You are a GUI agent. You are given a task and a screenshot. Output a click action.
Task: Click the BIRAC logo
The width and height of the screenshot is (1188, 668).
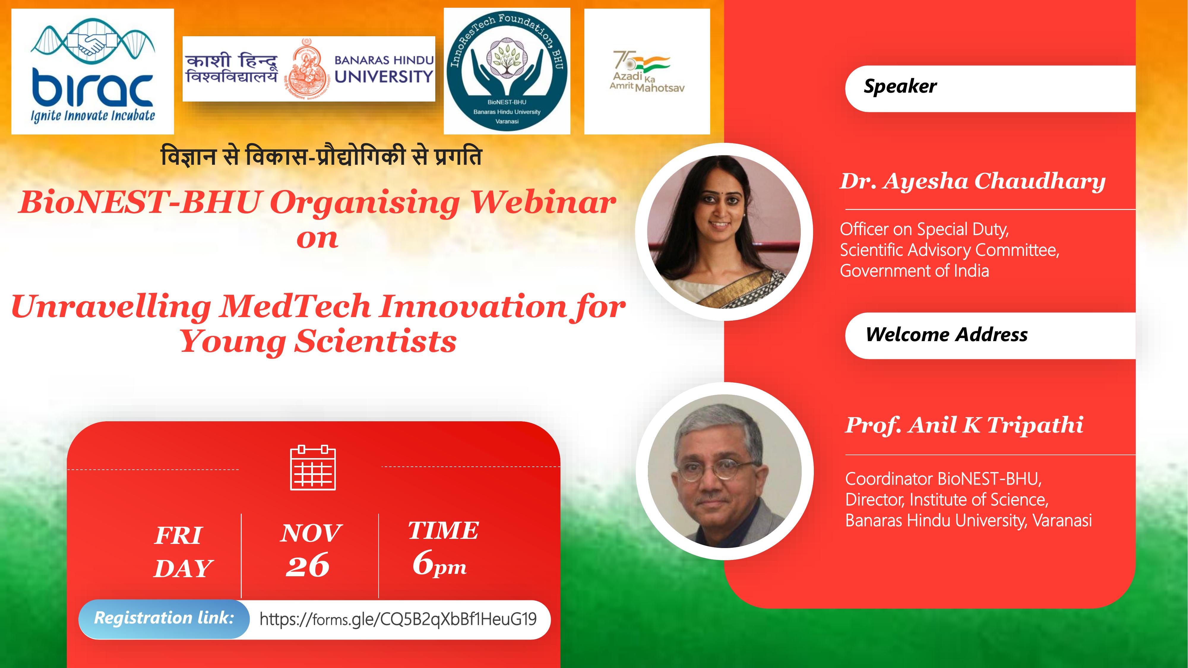[92, 72]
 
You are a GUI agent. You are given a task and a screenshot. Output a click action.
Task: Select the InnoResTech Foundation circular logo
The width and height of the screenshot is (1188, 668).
[507, 71]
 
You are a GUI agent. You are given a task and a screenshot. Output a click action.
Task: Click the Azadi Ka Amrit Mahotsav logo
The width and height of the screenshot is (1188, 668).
[647, 72]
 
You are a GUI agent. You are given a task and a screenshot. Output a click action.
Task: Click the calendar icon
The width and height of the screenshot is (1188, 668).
[313, 468]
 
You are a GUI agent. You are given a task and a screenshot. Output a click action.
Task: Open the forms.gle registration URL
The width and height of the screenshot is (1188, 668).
[398, 619]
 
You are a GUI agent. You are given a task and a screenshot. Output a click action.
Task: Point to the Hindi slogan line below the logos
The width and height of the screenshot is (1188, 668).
[321, 156]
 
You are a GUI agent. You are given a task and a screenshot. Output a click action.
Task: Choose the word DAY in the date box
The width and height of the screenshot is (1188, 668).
[183, 569]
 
